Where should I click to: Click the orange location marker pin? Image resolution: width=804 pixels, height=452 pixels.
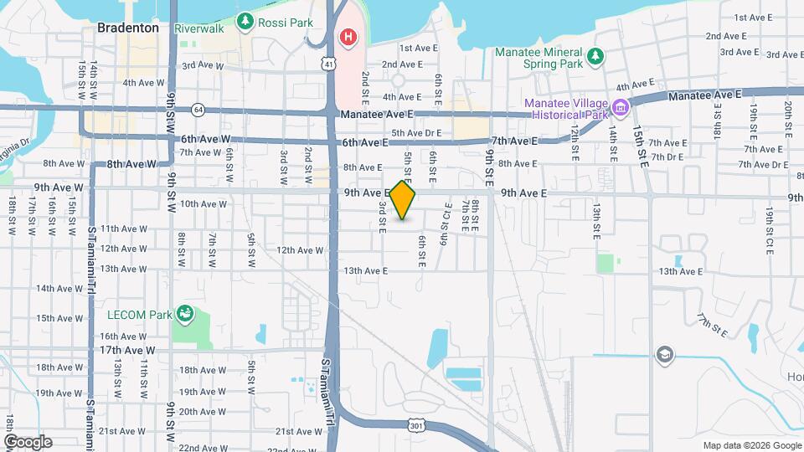403,200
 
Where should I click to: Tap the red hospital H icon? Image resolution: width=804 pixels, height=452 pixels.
347,37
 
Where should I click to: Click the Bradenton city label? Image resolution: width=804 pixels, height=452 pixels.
128,28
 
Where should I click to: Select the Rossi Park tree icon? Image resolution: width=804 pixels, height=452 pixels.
245,22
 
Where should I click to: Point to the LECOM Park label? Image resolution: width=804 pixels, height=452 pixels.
138,316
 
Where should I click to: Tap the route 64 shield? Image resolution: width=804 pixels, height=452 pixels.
198,109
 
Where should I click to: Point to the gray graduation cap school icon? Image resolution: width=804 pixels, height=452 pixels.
665,353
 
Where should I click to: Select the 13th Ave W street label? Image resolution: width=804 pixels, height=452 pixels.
124,269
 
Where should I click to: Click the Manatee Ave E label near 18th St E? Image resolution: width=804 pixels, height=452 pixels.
705,95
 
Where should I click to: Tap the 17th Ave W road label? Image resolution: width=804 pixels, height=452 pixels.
128,350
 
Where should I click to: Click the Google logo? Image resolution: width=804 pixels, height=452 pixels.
28,442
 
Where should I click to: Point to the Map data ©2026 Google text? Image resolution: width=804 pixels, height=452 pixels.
751,445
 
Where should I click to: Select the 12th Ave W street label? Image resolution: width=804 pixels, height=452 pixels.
300,249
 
